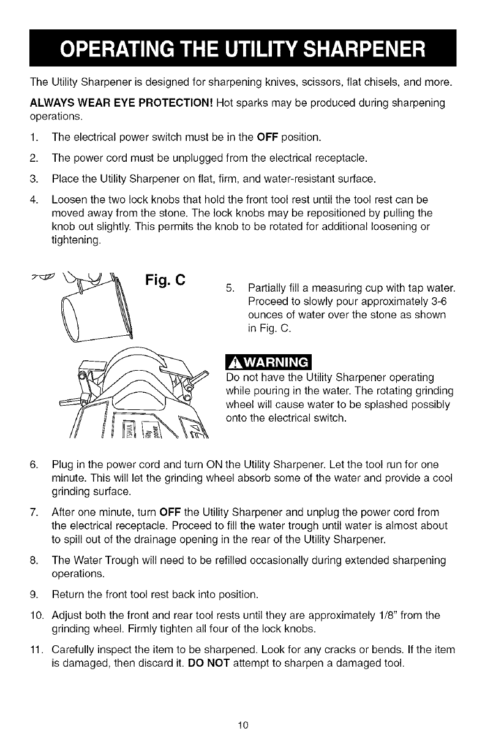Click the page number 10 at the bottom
[x=242, y=726]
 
